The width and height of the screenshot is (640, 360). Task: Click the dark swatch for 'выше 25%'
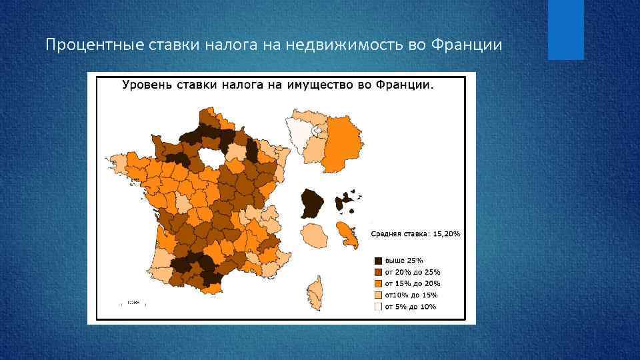(378, 261)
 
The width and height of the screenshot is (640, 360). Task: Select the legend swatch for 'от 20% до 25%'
(378, 272)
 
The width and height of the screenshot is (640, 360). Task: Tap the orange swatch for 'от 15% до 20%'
(378, 283)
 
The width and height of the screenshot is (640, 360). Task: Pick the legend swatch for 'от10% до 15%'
(378, 295)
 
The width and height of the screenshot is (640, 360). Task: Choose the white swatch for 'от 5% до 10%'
(378, 306)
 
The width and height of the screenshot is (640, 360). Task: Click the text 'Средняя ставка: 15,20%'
(415, 234)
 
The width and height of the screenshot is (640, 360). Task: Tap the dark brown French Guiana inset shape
(311, 202)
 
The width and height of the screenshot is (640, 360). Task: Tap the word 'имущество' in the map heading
(314, 85)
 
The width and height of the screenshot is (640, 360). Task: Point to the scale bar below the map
(133, 303)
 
